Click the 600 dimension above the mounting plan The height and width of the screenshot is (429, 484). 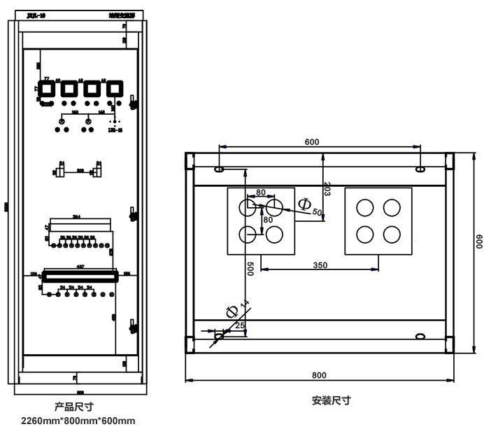tap(312, 141)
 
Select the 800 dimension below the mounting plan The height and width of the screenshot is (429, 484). tap(320, 375)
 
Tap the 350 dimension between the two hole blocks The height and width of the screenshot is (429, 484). tap(320, 265)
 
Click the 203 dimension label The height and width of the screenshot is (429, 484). tap(327, 188)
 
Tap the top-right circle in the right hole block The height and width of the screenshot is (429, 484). tap(392, 207)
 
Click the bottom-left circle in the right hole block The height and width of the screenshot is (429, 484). tap(365, 234)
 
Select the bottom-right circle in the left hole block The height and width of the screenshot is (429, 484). tap(273, 234)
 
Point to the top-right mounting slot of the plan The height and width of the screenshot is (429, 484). tap(420, 169)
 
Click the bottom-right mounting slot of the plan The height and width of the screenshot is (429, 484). tap(420, 337)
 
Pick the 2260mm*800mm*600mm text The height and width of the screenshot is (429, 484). tap(78, 421)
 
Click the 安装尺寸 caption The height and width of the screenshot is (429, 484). tap(331, 401)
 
